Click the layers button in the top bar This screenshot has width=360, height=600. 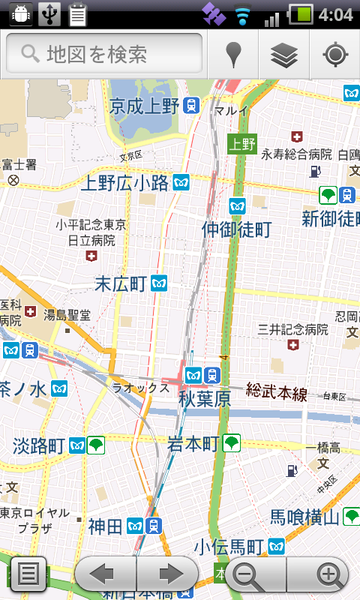(x=284, y=55)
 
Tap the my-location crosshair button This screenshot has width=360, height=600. (x=334, y=55)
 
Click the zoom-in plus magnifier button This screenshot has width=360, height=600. (x=329, y=575)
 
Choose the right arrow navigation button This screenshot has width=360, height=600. (x=168, y=575)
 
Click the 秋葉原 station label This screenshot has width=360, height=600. (x=206, y=397)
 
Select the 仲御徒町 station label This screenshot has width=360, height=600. (x=236, y=229)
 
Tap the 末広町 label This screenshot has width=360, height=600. (x=121, y=283)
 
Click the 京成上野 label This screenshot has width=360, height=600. (x=144, y=105)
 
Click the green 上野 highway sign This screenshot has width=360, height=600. (x=241, y=143)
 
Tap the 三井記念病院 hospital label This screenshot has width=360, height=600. (x=293, y=328)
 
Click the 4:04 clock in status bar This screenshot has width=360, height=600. (x=335, y=15)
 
